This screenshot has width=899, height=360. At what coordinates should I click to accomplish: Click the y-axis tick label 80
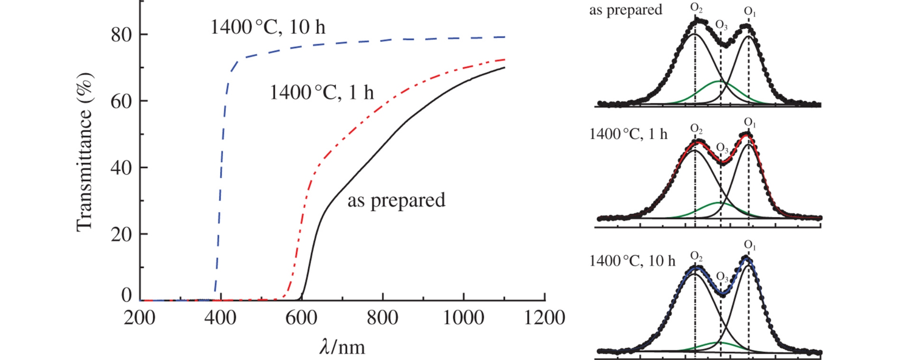point(122,35)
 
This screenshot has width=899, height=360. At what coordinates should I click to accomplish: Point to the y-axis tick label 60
point(122,102)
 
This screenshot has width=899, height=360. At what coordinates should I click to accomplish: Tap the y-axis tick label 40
point(122,168)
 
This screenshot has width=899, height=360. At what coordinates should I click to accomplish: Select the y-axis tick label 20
point(122,234)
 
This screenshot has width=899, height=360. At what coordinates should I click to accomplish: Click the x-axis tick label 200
point(139,318)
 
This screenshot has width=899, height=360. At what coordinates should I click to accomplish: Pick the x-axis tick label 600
point(301,318)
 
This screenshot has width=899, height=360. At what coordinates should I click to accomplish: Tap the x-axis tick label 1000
point(463,318)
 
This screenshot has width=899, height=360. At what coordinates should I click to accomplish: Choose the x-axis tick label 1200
point(544,318)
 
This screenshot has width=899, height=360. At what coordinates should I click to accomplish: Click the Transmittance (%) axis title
point(84,152)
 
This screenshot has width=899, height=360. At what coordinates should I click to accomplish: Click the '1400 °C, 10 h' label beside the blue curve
point(268,28)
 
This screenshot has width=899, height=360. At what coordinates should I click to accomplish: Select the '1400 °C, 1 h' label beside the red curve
point(321,93)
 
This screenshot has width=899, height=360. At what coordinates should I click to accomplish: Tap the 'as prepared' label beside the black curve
point(396,200)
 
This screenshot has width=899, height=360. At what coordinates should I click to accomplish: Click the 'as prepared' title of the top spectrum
point(626,10)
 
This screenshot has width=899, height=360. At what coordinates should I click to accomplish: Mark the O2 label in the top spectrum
point(696,8)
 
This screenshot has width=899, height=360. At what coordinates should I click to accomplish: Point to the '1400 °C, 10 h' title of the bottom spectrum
point(632,260)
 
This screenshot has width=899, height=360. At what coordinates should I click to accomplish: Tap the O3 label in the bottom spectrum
point(722,277)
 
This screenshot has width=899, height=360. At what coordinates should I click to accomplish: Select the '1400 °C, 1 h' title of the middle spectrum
point(628,134)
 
